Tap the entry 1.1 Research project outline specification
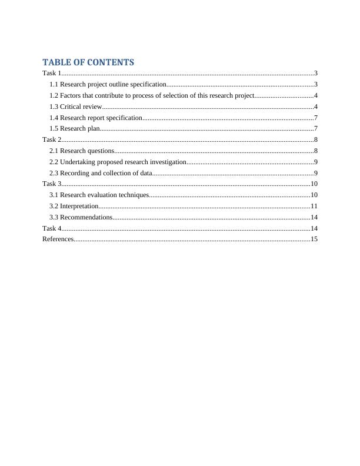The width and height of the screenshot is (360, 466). [108, 85]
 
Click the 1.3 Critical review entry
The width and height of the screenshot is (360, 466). [76, 106]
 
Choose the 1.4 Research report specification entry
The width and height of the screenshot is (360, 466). [96, 118]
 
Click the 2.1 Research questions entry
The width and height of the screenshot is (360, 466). [82, 151]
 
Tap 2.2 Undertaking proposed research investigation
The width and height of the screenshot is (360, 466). [118, 162]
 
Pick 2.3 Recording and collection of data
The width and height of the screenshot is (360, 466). [101, 173]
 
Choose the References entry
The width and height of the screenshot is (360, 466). [58, 239]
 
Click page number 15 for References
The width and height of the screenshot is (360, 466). [314, 239]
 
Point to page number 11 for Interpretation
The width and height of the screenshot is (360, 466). [314, 206]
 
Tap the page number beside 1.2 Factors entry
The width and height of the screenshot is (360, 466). [316, 95]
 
